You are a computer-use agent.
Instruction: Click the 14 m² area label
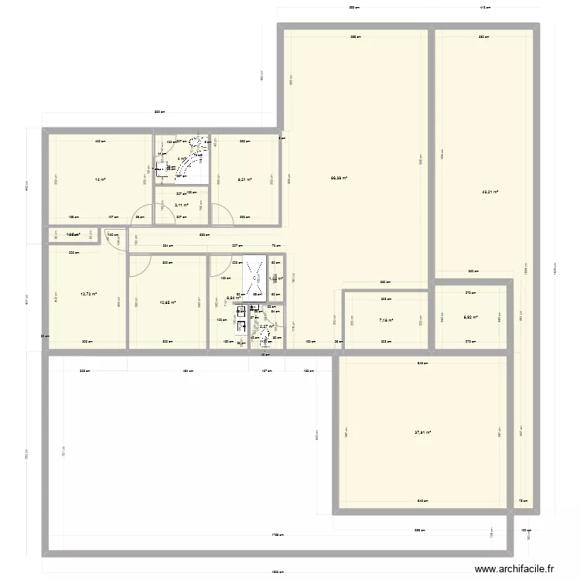pyautogui.click(x=100, y=179)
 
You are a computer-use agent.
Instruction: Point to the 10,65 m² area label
pyautogui.click(x=166, y=302)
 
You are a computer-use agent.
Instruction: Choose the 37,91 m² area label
pyautogui.click(x=422, y=433)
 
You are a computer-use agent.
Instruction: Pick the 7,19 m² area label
pyautogui.click(x=386, y=319)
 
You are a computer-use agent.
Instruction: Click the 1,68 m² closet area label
pyautogui.click(x=73, y=234)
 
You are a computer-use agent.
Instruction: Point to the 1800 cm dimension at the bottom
pyautogui.click(x=276, y=573)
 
